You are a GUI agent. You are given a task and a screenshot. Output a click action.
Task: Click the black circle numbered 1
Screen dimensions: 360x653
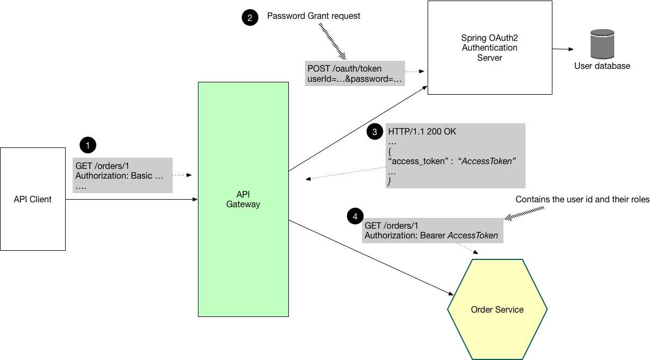pos(88,145)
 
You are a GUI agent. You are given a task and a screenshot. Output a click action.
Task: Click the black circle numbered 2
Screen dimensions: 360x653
pos(249,18)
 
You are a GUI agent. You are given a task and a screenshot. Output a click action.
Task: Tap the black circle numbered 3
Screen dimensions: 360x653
pos(374,132)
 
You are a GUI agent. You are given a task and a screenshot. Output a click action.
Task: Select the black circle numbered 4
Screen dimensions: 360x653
pos(354,217)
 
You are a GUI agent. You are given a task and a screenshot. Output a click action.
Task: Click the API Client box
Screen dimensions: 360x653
pos(33,199)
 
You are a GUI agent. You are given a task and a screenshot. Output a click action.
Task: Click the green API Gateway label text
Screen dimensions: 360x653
pos(243,199)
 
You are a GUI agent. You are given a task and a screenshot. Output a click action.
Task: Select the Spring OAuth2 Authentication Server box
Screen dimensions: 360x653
pos(489,47)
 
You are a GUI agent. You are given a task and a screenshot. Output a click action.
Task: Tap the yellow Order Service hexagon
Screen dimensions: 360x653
pos(497,309)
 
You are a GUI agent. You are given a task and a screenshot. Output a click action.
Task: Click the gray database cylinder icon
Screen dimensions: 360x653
pos(602,44)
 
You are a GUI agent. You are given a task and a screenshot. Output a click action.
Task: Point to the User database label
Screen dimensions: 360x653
pos(602,66)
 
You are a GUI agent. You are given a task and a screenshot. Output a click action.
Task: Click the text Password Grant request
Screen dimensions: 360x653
pos(314,16)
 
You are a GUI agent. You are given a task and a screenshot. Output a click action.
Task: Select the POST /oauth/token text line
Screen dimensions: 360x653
pos(344,68)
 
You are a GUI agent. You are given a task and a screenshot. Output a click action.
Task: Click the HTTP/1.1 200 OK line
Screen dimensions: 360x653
pos(422,131)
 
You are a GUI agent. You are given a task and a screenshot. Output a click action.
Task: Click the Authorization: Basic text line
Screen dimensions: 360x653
pos(119,176)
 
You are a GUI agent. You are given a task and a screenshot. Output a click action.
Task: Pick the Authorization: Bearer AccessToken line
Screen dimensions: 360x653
pos(431,236)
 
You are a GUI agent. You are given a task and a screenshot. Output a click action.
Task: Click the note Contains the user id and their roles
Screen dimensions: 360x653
pos(583,200)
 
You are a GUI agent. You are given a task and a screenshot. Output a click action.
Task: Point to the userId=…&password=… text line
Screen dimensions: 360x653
pos(354,79)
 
